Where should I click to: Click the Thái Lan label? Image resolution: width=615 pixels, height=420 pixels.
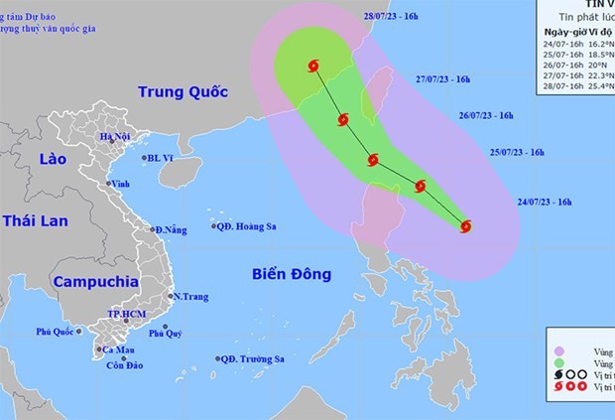tap(34, 220)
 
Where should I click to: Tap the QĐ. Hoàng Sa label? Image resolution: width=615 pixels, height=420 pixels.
tap(248, 226)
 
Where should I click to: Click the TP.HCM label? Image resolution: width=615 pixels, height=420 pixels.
tap(126, 315)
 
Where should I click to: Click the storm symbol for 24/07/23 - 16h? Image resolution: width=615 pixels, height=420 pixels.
tap(465, 226)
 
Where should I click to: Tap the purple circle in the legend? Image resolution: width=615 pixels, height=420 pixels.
tap(562, 350)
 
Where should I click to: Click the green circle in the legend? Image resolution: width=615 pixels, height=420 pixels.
tap(562, 365)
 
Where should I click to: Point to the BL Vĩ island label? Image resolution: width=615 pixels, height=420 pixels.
tap(160, 158)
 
